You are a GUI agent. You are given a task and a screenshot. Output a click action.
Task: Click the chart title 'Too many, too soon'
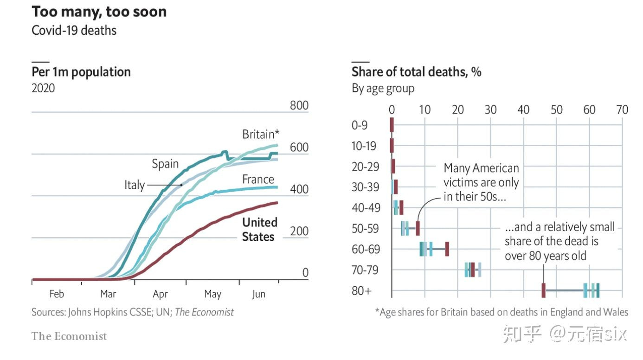click(x=99, y=12)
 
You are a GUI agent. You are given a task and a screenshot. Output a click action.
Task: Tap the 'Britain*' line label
click(x=261, y=135)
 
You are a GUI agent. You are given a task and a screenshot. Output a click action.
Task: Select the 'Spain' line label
click(x=165, y=164)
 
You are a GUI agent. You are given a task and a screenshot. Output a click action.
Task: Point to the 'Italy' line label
click(x=134, y=185)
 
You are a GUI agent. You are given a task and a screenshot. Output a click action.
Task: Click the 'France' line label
click(x=258, y=180)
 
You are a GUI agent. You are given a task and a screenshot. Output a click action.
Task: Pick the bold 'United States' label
click(x=259, y=229)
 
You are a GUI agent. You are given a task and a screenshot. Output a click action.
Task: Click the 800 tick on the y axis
click(x=299, y=105)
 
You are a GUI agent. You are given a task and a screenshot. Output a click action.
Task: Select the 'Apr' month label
click(x=160, y=294)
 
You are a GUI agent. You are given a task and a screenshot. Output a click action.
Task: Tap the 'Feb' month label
click(x=56, y=294)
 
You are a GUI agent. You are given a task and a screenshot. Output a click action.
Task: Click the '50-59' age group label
click(x=365, y=229)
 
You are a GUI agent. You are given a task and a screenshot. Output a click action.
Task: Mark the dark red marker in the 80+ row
click(x=543, y=290)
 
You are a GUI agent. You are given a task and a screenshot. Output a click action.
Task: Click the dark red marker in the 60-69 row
click(x=447, y=249)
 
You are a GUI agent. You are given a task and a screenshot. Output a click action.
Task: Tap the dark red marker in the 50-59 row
click(x=418, y=228)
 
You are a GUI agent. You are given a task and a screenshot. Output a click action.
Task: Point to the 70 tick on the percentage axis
click(x=622, y=110)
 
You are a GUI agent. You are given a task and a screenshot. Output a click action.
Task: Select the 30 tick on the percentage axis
click(x=490, y=110)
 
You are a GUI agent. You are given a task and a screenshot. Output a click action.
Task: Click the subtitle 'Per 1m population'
click(x=81, y=72)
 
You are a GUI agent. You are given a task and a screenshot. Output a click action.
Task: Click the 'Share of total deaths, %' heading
click(x=416, y=72)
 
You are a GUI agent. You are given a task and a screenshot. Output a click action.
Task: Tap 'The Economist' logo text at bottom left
click(x=69, y=336)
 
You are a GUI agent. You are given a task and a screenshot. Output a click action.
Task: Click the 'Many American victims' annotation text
click(x=481, y=182)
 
